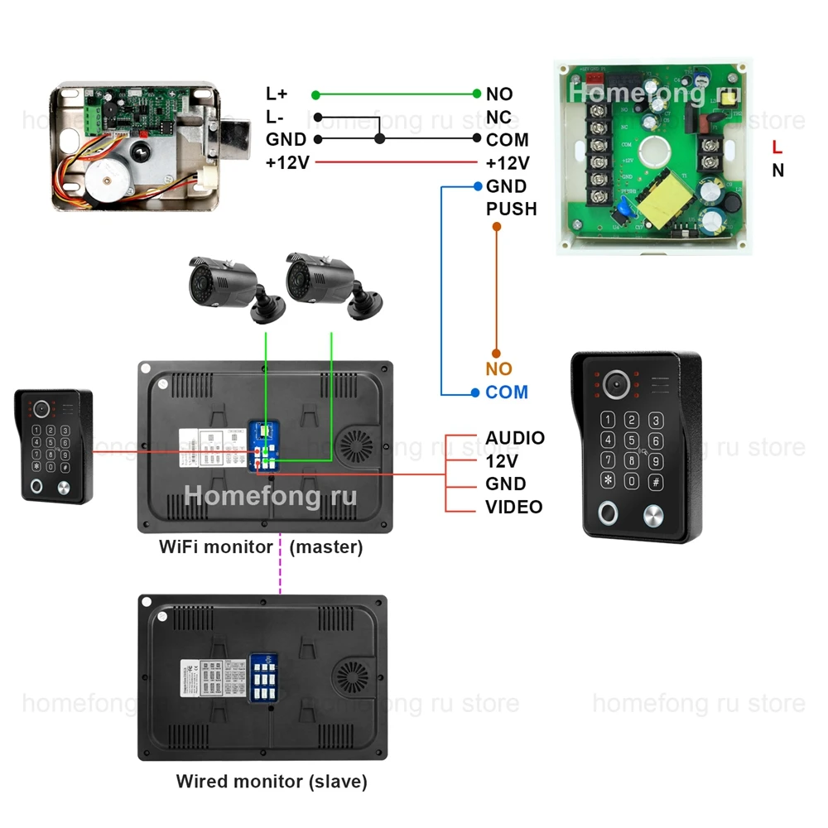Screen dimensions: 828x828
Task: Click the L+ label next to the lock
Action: tap(277, 94)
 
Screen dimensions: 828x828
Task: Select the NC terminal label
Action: tap(498, 117)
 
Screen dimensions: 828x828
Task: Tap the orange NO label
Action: tap(498, 369)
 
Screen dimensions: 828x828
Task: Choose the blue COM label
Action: tap(507, 392)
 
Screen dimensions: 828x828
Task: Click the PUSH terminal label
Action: tap(511, 209)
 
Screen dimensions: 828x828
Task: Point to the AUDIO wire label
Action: tap(514, 438)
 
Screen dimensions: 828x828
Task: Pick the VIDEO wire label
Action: tap(513, 507)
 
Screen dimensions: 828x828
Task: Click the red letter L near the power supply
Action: tap(777, 148)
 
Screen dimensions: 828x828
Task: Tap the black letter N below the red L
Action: tap(777, 171)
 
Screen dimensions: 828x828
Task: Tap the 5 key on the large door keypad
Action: tap(632, 440)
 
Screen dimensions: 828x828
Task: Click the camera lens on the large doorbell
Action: tap(615, 383)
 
